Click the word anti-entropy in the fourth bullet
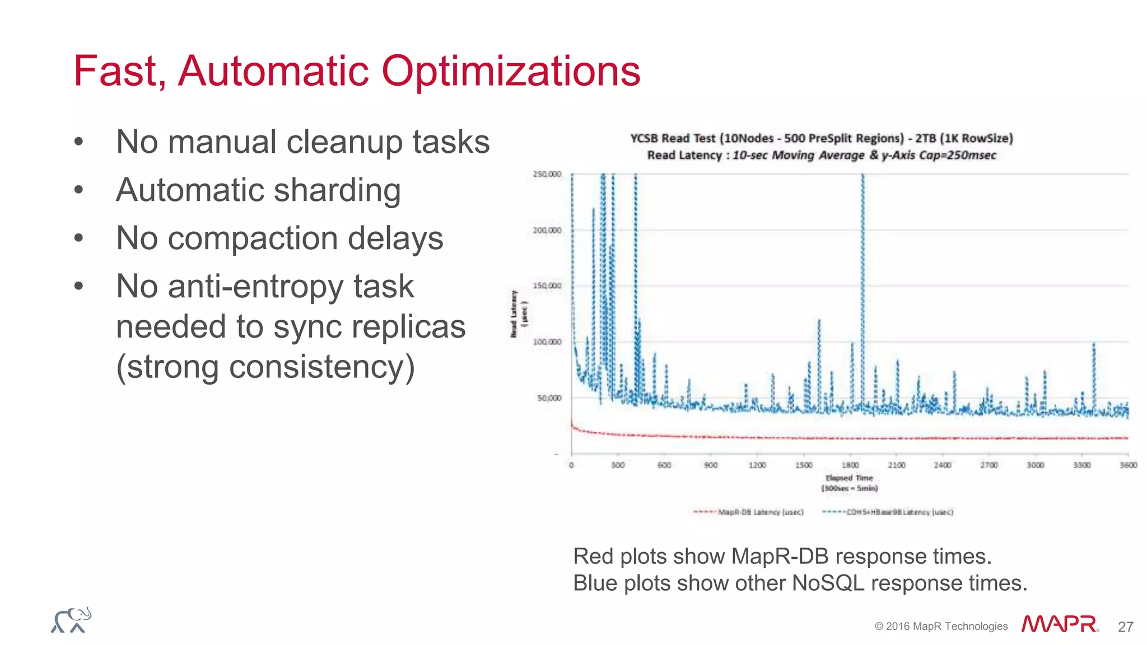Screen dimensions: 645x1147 click(265, 287)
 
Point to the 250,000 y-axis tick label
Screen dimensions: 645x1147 click(547, 174)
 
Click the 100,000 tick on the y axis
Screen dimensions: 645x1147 click(547, 342)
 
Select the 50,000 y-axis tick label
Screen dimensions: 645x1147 click(549, 398)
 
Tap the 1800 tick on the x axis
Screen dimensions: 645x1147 click(850, 465)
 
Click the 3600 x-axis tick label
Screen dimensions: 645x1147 click(1129, 465)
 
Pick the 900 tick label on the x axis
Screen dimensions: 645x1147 click(710, 465)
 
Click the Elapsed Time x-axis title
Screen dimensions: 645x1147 click(849, 478)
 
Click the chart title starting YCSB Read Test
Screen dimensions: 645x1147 click(822, 138)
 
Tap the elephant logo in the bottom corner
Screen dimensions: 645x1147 click(71, 620)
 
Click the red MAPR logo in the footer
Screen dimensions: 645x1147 click(1059, 624)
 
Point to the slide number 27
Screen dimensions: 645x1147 click(1125, 627)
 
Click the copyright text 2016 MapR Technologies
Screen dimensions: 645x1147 click(941, 627)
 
